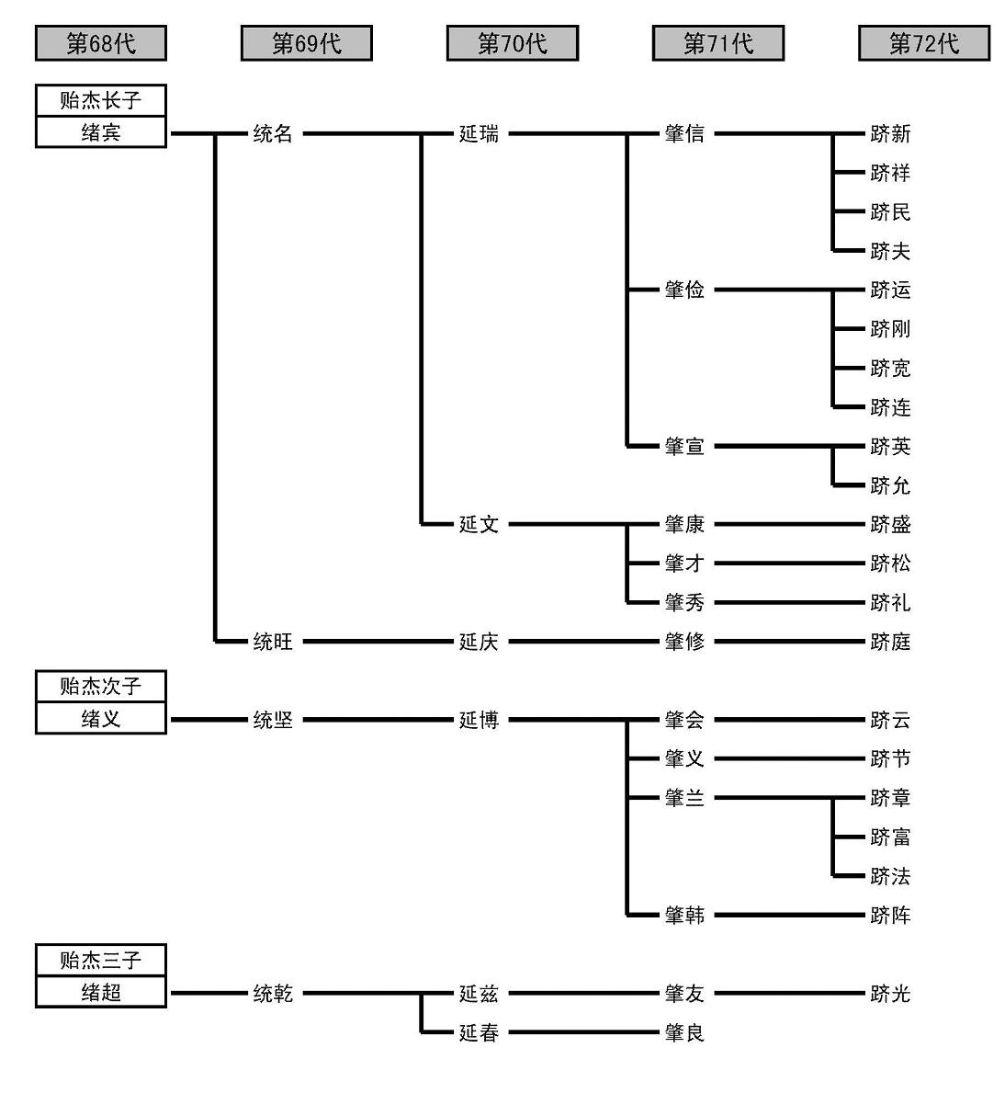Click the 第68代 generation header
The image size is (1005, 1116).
(x=101, y=43)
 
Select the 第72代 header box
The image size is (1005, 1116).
(x=923, y=43)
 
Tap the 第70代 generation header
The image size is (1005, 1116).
(x=512, y=43)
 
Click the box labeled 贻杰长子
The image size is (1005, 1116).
(x=101, y=100)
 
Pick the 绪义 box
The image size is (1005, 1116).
(x=101, y=718)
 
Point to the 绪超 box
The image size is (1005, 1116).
(x=101, y=992)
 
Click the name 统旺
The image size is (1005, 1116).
(x=273, y=642)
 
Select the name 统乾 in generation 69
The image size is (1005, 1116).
(x=273, y=993)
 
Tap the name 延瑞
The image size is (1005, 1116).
(x=479, y=134)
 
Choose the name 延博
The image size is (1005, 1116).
(x=479, y=720)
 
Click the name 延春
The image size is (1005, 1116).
(x=479, y=1032)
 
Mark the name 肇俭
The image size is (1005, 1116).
(x=684, y=290)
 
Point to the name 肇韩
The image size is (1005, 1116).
(x=684, y=916)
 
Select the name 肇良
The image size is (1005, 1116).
(x=684, y=1032)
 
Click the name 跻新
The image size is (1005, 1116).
(x=890, y=134)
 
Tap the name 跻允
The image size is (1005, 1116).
(x=890, y=485)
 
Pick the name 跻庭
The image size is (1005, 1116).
(x=890, y=642)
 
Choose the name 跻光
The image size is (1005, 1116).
(x=890, y=993)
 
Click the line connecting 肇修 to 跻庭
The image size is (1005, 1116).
(x=788, y=642)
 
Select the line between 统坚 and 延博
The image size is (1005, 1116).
(x=377, y=720)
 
